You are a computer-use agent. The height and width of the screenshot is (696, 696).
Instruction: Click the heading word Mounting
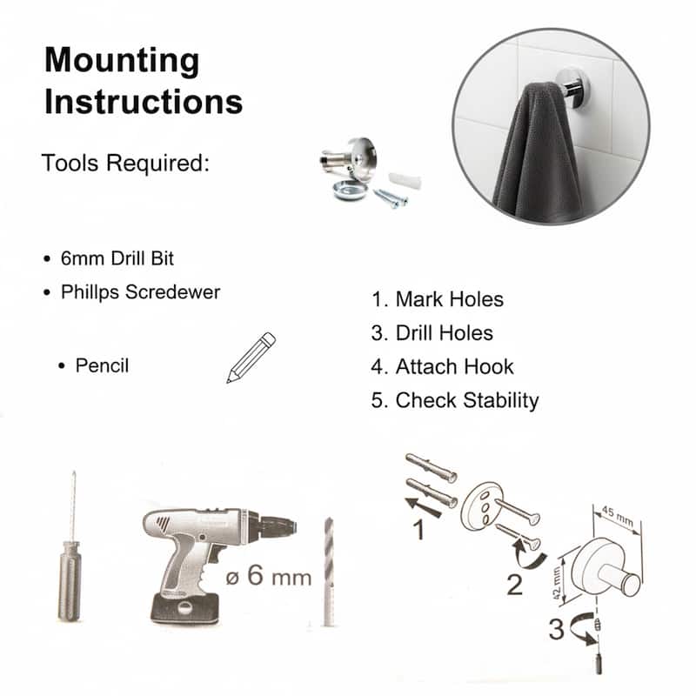coord(122,61)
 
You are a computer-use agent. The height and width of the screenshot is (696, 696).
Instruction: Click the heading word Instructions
coord(144,101)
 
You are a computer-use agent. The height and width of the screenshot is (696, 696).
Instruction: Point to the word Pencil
coord(102,365)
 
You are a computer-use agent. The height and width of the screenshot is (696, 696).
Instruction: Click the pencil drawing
coord(251,357)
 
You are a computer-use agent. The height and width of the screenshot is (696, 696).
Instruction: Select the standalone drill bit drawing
coord(328,570)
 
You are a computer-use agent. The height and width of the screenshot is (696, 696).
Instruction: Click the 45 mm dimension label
coord(619,515)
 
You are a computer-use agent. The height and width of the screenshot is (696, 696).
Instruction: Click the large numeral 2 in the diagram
coord(515,584)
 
